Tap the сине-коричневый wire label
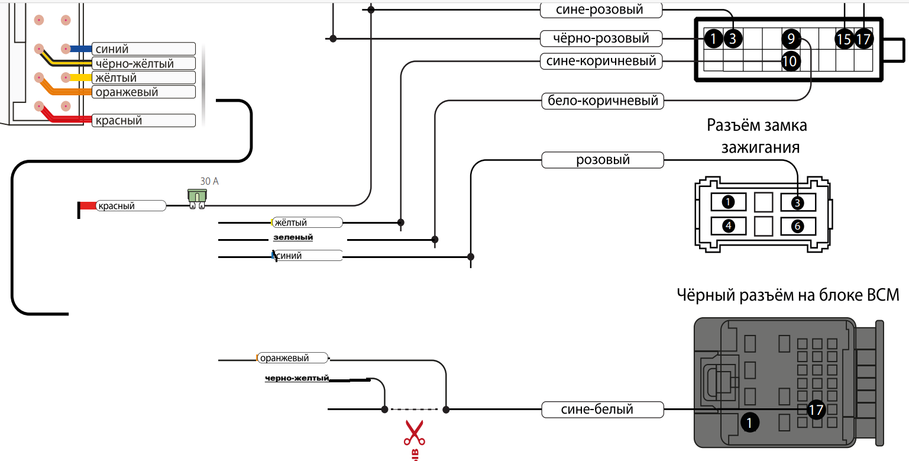[601, 61]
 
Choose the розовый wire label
[603, 160]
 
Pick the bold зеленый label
[293, 238]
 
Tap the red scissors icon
[414, 433]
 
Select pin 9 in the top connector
[791, 40]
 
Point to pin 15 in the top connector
[844, 40]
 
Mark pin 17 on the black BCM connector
[816, 410]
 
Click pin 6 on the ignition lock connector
[797, 226]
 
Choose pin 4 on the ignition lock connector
[729, 226]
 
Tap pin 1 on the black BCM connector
[749, 423]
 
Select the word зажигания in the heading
[760, 147]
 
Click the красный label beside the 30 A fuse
[117, 206]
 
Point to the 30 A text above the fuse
[209, 181]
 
